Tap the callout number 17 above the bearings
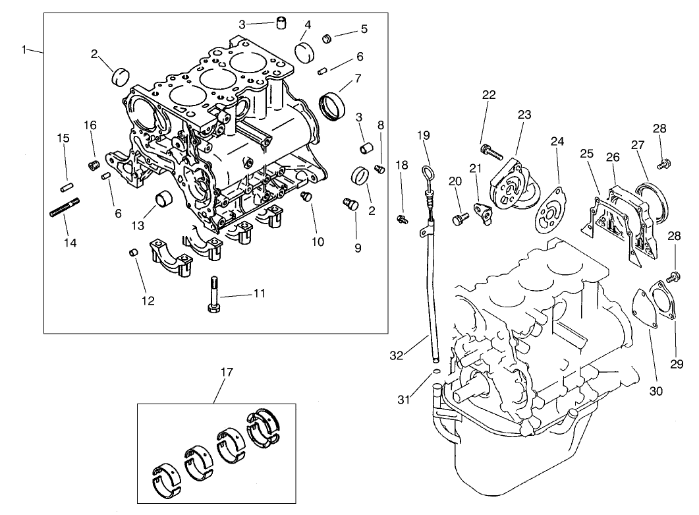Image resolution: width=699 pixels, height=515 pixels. coord(226,373)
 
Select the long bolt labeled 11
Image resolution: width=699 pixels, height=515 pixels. coord(212,295)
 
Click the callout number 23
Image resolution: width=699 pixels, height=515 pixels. coord(524,115)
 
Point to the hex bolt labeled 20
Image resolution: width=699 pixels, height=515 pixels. coord(460,219)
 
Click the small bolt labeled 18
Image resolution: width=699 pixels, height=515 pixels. coord(402,218)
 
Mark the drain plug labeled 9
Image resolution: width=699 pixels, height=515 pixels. coord(350,205)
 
